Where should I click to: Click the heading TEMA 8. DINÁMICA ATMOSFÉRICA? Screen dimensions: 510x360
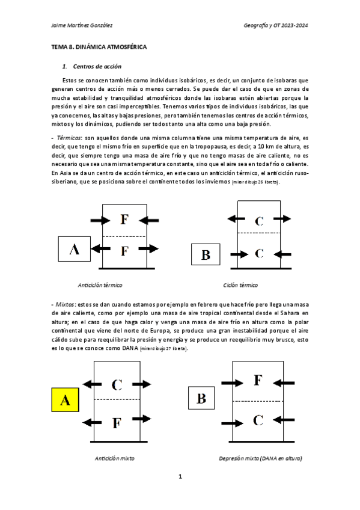click(99, 46)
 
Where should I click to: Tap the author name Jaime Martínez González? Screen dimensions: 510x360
click(82, 25)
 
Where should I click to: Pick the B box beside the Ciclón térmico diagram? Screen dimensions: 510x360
click(206, 254)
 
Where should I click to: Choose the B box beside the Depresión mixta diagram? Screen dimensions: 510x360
click(201, 398)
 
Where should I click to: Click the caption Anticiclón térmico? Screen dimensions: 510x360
click(105, 284)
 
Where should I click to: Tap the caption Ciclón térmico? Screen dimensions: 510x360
click(240, 284)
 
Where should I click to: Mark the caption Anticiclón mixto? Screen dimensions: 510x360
click(114, 458)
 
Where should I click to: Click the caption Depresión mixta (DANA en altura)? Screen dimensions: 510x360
click(260, 458)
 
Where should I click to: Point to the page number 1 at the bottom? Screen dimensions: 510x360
click(180, 477)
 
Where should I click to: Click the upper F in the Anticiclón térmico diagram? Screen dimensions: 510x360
click(124, 219)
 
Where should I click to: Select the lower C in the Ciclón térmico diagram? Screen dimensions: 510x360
click(259, 253)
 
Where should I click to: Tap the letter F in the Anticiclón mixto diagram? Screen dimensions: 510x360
click(117, 423)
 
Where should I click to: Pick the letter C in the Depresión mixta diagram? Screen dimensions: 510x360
click(257, 420)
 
